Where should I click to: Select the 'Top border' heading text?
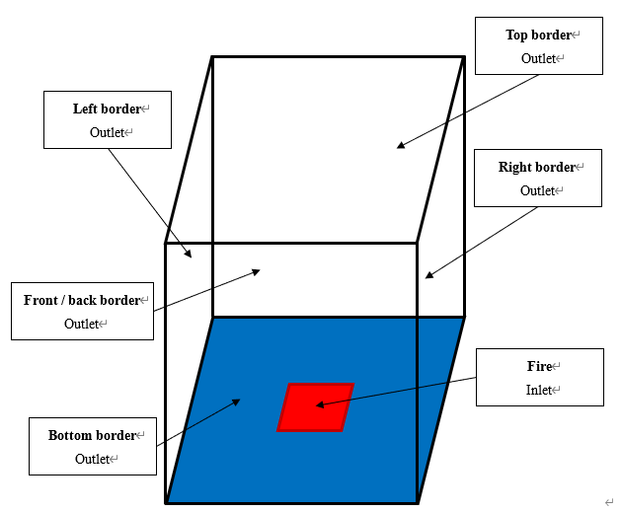click(x=538, y=36)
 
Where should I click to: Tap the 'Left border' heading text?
click(x=106, y=109)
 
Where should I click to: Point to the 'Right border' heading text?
click(x=536, y=167)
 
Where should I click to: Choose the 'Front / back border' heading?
click(x=82, y=300)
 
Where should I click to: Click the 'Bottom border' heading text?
click(x=92, y=435)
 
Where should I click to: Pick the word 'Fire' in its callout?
click(x=539, y=366)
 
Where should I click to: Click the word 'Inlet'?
click(x=539, y=390)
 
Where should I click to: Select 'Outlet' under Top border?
click(x=538, y=59)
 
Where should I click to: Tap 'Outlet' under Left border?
click(x=107, y=132)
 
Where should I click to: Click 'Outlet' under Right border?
click(x=537, y=190)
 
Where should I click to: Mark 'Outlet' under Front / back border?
click(x=82, y=324)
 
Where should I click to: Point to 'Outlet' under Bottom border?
click(x=93, y=459)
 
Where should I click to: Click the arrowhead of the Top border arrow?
click(x=401, y=146)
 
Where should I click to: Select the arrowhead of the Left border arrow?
click(x=189, y=256)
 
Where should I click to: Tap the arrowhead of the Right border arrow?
click(x=428, y=275)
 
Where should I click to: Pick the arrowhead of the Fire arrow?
click(x=320, y=404)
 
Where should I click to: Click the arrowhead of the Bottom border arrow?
click(x=237, y=401)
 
